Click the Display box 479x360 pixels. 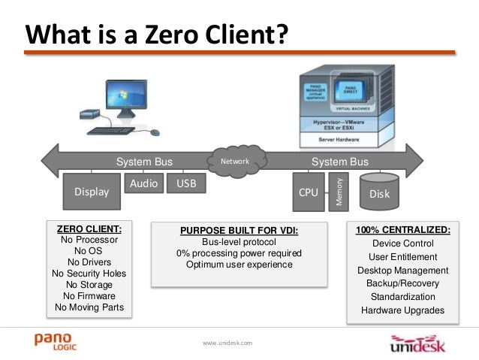click(x=91, y=192)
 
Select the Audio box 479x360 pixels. click(x=143, y=183)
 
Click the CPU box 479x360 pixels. click(x=309, y=192)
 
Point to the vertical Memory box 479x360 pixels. click(x=339, y=191)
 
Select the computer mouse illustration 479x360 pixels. click(x=155, y=132)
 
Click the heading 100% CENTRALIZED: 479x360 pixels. click(x=403, y=229)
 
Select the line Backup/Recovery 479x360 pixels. click(x=403, y=283)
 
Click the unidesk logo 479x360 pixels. click(x=420, y=344)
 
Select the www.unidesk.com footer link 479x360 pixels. click(x=228, y=343)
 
